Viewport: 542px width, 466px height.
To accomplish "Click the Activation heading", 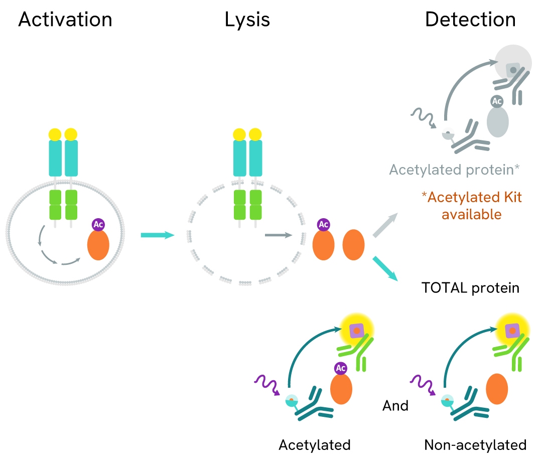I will coord(65,20).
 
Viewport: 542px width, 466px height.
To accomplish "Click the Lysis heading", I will coord(247,20).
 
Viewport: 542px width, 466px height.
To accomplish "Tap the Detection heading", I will coord(470,20).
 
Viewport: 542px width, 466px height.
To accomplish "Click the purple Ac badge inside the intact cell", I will coord(98,224).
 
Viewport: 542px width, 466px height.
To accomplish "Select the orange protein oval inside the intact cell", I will coord(98,245).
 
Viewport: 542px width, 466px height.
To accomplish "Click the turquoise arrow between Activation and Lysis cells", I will coord(157,235).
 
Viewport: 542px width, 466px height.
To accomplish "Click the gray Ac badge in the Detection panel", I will coord(497,101).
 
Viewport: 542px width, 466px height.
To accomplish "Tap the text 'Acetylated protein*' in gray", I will coord(454,170).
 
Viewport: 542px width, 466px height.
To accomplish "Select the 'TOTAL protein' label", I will coord(470,288).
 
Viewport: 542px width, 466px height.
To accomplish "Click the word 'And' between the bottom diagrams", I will coord(395,405).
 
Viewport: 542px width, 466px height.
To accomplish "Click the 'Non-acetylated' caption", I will coord(475,444).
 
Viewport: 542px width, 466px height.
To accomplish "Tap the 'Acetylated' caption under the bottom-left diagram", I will coord(315,444).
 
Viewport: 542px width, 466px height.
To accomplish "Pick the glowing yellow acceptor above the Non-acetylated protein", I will coord(511,330).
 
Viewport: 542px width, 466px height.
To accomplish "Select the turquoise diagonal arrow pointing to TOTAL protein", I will coord(385,268).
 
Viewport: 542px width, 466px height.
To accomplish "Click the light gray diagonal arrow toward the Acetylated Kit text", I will coord(385,224).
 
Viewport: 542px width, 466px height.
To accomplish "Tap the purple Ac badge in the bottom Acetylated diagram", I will coord(341,369).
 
